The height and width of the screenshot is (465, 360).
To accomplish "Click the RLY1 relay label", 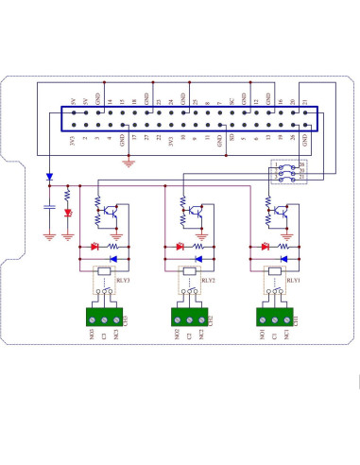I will (294, 280).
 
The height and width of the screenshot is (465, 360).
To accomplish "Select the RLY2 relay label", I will (209, 280).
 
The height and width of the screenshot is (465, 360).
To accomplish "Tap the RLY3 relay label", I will (123, 280).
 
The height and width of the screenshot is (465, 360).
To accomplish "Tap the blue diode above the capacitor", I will (48, 177).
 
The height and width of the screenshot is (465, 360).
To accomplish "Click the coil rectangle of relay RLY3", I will (102, 272).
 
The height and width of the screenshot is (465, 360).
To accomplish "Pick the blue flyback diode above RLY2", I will (198, 258).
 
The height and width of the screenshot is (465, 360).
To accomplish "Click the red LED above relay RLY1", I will (266, 247).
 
